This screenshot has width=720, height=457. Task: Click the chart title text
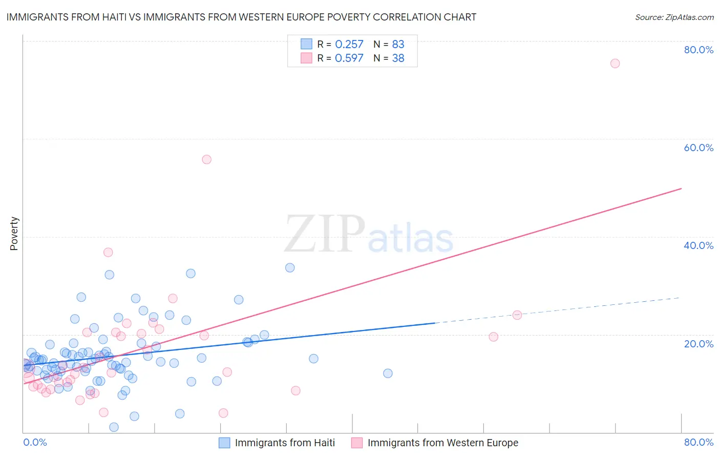pos(241,17)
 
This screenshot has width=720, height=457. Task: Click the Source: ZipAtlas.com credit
pos(674,17)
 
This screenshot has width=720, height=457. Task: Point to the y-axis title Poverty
pos(14,234)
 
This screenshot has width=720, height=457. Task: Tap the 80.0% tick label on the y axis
pos(698,50)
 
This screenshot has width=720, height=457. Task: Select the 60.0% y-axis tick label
pos(698,148)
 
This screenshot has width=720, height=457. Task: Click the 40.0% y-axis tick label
pos(698,245)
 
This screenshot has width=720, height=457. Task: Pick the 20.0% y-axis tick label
pos(698,344)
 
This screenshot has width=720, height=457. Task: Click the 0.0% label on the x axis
pos(35,442)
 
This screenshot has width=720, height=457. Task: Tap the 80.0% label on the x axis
pos(698,442)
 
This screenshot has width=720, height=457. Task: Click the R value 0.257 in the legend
pos(349,45)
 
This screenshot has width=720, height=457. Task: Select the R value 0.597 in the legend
pos(349,58)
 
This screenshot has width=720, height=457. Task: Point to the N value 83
pos(398,45)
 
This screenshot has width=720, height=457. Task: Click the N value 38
pos(398,58)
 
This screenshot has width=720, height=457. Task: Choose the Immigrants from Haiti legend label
pos(285,443)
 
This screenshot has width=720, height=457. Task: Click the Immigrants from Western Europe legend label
pos(442,443)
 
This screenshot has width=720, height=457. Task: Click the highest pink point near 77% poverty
pos(615,64)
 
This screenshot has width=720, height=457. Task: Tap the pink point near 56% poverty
pos(206,159)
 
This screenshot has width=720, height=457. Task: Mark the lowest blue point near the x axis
pos(114,427)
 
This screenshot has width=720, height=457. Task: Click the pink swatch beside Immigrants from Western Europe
pos(357,443)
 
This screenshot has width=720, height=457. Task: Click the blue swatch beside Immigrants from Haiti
pos(224,443)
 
